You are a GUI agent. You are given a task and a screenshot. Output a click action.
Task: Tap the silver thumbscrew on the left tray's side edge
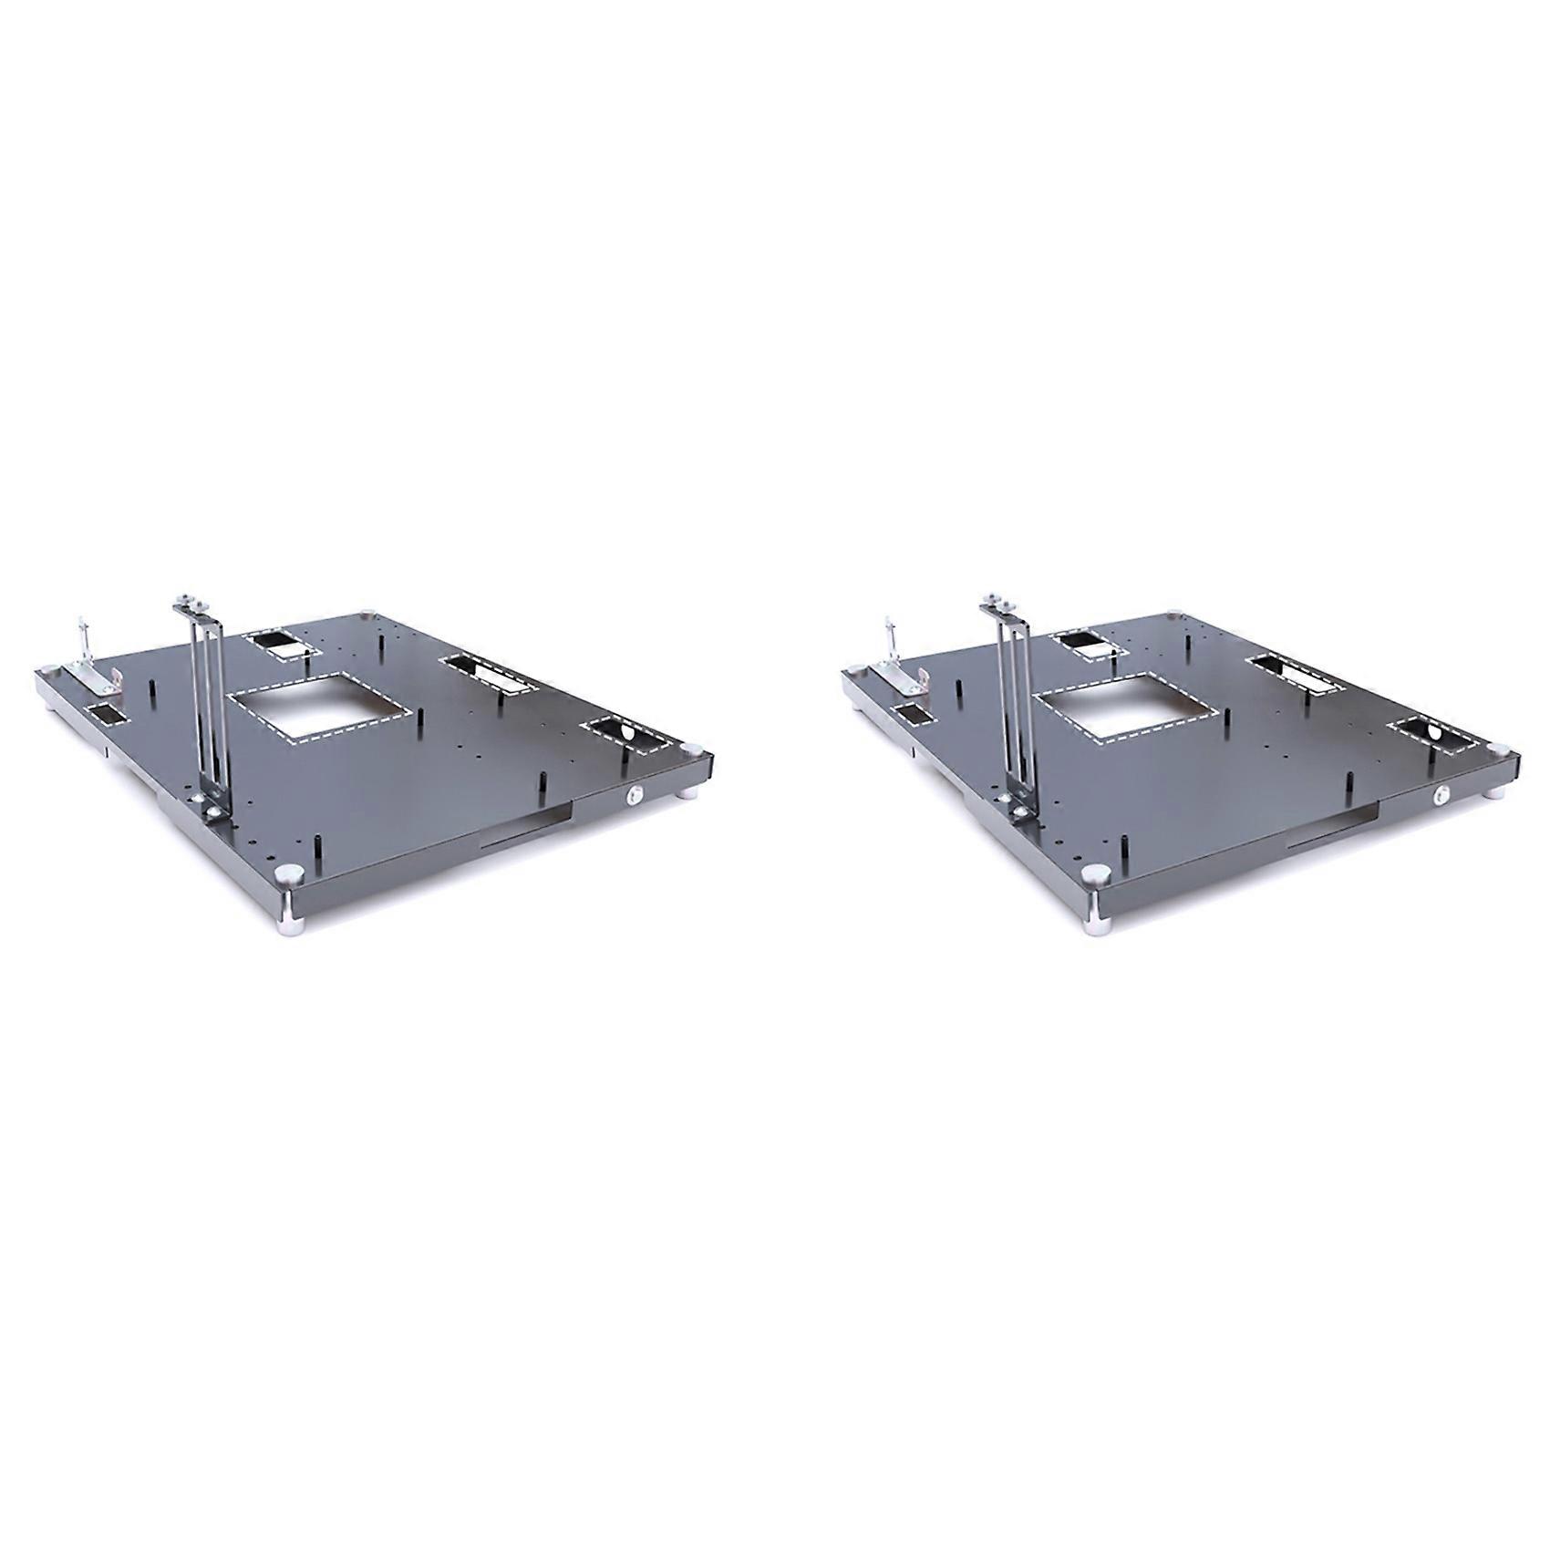coord(633,797)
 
